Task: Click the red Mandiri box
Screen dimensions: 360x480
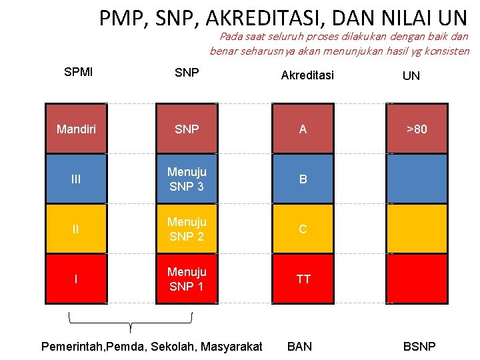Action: [75, 129]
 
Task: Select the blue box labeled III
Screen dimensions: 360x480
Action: [75, 179]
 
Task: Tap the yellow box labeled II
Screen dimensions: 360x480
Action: [75, 229]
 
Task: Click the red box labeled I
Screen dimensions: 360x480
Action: [75, 279]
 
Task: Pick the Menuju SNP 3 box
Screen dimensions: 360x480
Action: [187, 179]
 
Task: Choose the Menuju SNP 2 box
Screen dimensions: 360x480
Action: [187, 229]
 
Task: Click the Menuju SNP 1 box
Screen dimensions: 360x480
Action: [187, 279]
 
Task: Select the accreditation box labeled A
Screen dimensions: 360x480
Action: [303, 129]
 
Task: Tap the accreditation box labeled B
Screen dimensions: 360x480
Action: [303, 179]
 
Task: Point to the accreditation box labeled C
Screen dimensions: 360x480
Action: [303, 229]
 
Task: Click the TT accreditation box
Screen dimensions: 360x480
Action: [303, 279]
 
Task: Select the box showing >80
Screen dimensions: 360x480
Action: [417, 129]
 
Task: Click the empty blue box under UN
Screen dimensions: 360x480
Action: [417, 179]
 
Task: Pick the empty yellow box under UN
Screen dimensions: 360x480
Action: [417, 229]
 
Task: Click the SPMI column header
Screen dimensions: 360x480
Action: [79, 71]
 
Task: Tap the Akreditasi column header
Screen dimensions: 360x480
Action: [307, 75]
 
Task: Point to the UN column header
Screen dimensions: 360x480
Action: [411, 76]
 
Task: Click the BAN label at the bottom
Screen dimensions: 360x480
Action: [299, 346]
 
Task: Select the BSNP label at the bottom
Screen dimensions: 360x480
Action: [419, 346]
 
